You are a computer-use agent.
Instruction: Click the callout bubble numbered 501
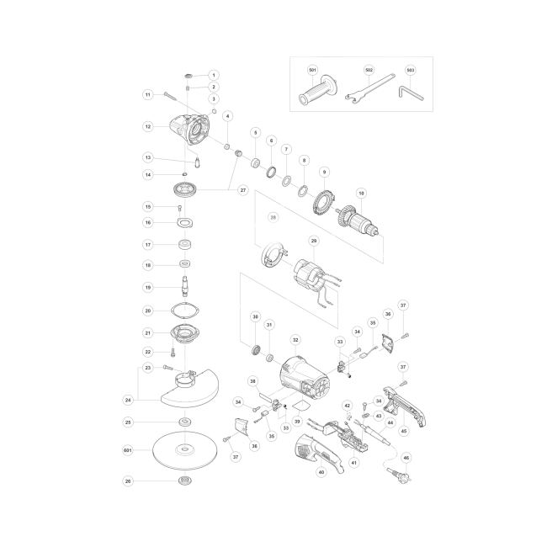[x=312, y=70]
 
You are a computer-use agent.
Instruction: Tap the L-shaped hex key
[x=411, y=93]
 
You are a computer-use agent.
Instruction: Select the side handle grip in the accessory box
[x=318, y=90]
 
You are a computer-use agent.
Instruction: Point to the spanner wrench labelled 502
[x=369, y=90]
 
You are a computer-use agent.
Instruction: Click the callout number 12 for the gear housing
[x=148, y=126]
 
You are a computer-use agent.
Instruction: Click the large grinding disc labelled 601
[x=185, y=450]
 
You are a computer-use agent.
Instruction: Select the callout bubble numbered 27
[x=243, y=190]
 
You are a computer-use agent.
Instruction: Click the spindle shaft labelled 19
[x=185, y=286]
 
